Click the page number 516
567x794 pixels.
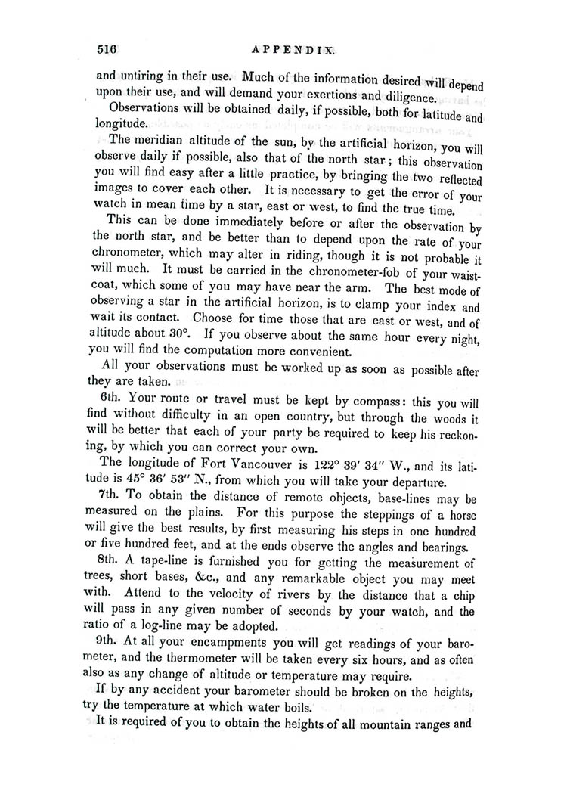coord(105,51)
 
